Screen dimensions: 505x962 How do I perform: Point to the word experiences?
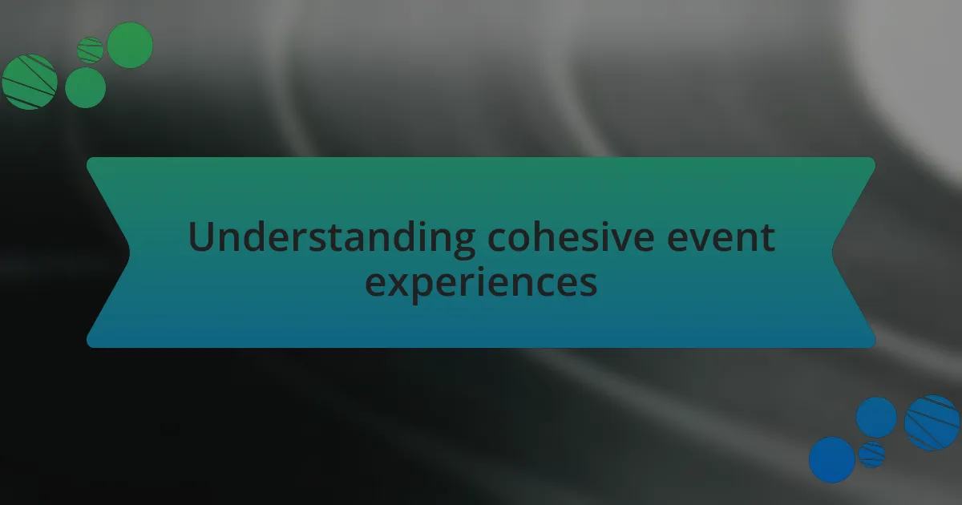481,282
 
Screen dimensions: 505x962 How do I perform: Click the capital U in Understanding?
200,237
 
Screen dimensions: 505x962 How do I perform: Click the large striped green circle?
30,82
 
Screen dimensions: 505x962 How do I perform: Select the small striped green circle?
91,50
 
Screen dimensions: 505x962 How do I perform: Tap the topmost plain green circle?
130,45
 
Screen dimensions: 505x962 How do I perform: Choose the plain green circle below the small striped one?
85,87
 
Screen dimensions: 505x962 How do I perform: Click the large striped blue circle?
932,422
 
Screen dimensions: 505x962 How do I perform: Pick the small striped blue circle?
871,454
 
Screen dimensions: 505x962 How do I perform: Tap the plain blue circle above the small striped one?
876,418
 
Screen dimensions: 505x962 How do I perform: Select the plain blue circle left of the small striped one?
832,459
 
